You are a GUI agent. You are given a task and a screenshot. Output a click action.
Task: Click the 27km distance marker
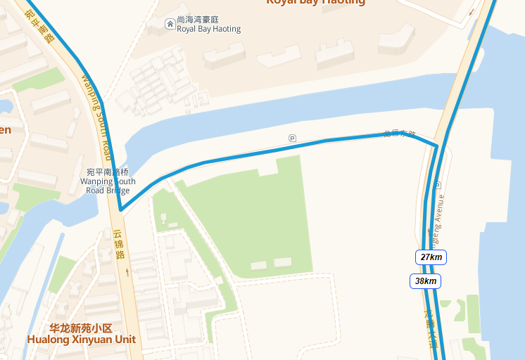pos(431,257)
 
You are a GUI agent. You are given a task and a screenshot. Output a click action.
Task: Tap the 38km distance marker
pos(426,281)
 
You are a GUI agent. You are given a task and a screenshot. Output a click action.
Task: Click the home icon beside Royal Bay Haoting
pos(170,25)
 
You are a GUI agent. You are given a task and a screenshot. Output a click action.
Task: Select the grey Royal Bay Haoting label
pos(209,30)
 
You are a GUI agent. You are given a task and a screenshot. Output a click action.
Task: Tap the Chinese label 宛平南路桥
pos(108,172)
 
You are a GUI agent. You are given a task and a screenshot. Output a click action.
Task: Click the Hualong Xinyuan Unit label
pos(82,340)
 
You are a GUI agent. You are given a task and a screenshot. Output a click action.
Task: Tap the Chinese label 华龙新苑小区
pos(81,328)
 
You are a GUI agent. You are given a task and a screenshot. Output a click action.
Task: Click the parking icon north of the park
pos(292,138)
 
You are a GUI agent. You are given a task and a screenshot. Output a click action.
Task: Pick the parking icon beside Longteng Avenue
pos(438,186)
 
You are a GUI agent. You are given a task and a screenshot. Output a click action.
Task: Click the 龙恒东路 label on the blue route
pos(400,133)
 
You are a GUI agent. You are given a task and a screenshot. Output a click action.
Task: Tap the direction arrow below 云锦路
pos(127,270)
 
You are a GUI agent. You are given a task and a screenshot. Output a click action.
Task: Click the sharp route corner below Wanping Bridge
pos(121,210)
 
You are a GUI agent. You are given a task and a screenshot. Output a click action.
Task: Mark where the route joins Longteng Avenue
pos(437,146)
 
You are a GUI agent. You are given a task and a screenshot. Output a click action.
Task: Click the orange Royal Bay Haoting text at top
pos(315,2)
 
